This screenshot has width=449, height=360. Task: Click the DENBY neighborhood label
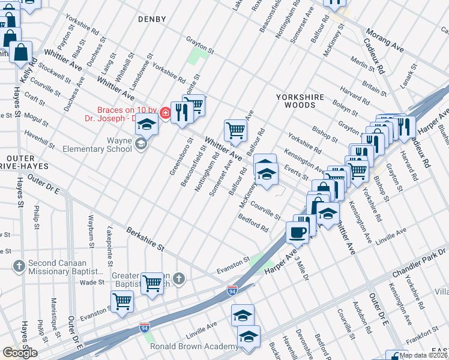(x=152, y=19)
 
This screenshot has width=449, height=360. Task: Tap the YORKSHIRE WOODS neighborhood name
(x=300, y=101)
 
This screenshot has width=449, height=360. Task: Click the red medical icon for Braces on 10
(x=164, y=110)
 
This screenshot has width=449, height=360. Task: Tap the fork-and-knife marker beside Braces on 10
(x=181, y=112)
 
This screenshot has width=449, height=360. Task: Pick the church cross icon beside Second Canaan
(x=19, y=265)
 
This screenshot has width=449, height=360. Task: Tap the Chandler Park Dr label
(x=418, y=263)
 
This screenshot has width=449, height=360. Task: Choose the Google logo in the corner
(x=20, y=353)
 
